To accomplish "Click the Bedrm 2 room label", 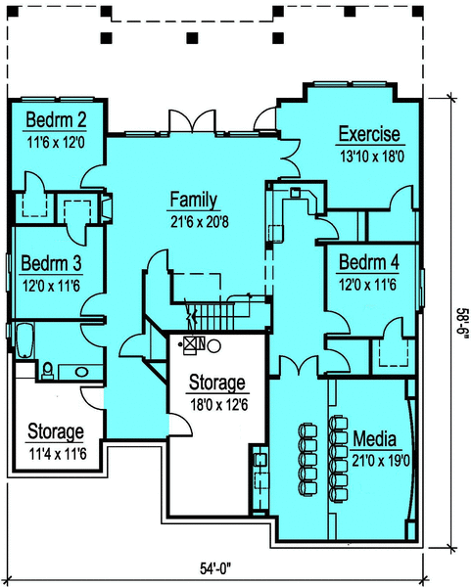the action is pos(56,120).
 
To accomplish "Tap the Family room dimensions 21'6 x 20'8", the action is pos(200,222).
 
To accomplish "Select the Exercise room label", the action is pos(369,134).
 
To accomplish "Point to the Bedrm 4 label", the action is pos(369,262).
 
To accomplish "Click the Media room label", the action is pos(375,438).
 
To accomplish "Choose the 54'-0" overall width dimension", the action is pos(215,568).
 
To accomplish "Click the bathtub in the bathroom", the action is pos(25,340).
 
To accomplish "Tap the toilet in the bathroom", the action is pos(48,371).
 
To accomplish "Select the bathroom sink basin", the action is pos(81,372).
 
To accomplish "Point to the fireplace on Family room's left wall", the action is pos(107,208).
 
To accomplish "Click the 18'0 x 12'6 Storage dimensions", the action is pos(219,405).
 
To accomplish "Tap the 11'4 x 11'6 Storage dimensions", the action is pos(58,454).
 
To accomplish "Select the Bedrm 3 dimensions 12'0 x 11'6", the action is pos(51,287).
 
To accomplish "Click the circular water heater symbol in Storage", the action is pos(213,345).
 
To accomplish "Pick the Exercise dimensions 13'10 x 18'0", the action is pos(372,157).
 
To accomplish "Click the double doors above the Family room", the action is pos(193,121).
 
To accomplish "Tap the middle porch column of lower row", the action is pos(192,38).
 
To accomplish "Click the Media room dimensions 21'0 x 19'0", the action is pos(381,461).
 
